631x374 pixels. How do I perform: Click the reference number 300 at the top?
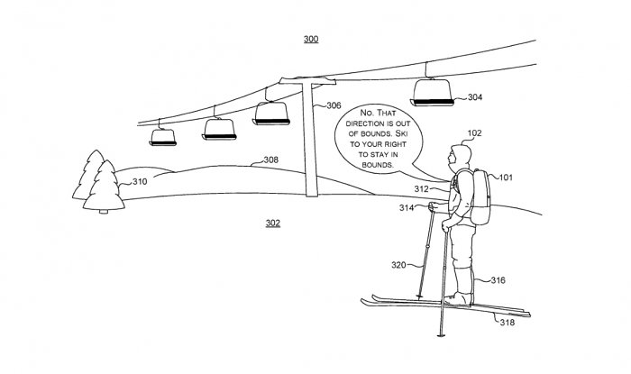pyautogui.click(x=310, y=39)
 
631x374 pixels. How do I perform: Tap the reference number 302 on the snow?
pyautogui.click(x=272, y=223)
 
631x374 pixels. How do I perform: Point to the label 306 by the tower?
pyautogui.click(x=334, y=105)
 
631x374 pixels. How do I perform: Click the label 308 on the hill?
pyautogui.click(x=270, y=160)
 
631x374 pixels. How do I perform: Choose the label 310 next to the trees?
pyautogui.click(x=140, y=182)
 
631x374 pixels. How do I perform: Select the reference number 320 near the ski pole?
pyautogui.click(x=398, y=266)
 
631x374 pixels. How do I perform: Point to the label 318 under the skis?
pyautogui.click(x=508, y=323)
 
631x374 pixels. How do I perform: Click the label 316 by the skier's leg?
pyautogui.click(x=498, y=281)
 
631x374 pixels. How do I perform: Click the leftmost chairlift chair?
pyautogui.click(x=162, y=135)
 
